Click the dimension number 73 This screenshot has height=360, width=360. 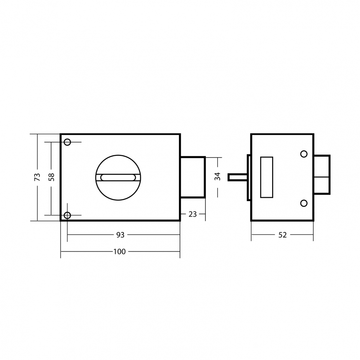pyautogui.click(x=37, y=177)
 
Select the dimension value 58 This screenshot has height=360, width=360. pyautogui.click(x=52, y=177)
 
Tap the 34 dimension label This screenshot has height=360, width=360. pyautogui.click(x=217, y=176)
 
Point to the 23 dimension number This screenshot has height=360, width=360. pyautogui.click(x=193, y=214)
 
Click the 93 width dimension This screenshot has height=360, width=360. pyautogui.click(x=120, y=235)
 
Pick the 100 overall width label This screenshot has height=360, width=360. pyautogui.click(x=120, y=252)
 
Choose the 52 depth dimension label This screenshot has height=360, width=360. pyautogui.click(x=283, y=235)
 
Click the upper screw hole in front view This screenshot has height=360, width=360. pyautogui.click(x=67, y=142)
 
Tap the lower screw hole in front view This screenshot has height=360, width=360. pyautogui.click(x=67, y=215)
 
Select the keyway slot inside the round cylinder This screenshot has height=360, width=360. pyautogui.click(x=118, y=177)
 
